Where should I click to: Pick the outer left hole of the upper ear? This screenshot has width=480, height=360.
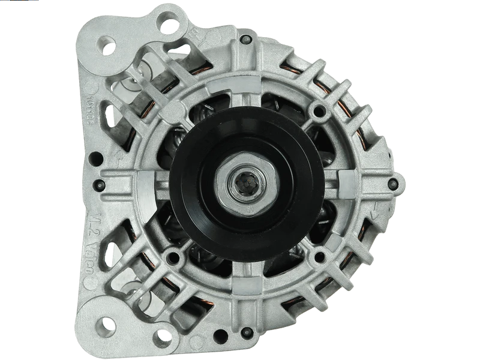pos(109,44)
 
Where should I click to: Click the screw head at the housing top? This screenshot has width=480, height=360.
pos(244,40)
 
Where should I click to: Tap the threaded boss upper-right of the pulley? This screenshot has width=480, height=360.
pos(320,110)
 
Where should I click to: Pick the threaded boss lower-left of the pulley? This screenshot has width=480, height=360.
pos(175,259)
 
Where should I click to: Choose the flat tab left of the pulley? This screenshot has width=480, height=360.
pos(142,182)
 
